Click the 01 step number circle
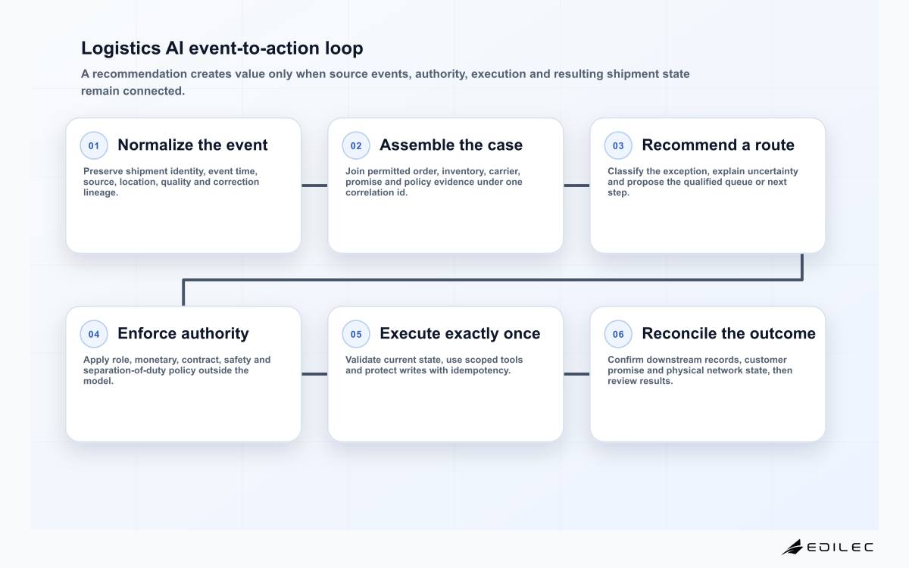pyautogui.click(x=94, y=145)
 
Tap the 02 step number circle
pyautogui.click(x=356, y=145)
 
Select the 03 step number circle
pyautogui.click(x=618, y=145)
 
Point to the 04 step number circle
pyautogui.click(x=94, y=334)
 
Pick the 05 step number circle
pyautogui.click(x=356, y=334)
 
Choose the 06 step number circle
pyautogui.click(x=618, y=334)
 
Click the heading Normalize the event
pyautogui.click(x=192, y=145)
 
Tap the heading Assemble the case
pyautogui.click(x=451, y=145)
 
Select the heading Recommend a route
pyautogui.click(x=718, y=145)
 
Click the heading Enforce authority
pyautogui.click(x=183, y=334)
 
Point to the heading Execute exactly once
pyautogui.click(x=460, y=334)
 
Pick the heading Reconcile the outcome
pyautogui.click(x=729, y=333)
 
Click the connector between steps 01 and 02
pyautogui.click(x=314, y=186)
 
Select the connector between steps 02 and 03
pyautogui.click(x=576, y=186)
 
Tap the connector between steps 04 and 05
pyautogui.click(x=314, y=374)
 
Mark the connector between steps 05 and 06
pyautogui.click(x=576, y=374)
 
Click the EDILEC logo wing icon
pyautogui.click(x=792, y=548)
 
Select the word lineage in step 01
pyautogui.click(x=100, y=192)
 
